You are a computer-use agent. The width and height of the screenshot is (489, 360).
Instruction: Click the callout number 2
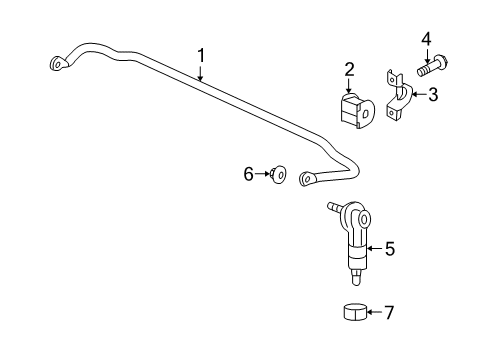coord(350,69)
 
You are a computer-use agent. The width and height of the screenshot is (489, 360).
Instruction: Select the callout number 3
coord(433,95)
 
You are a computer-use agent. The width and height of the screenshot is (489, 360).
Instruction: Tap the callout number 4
coord(425,39)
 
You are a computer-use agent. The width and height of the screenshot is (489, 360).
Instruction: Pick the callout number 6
coord(249,174)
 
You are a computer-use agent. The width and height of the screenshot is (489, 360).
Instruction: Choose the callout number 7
coord(389,312)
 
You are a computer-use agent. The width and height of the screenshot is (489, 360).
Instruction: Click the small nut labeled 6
coord(279,176)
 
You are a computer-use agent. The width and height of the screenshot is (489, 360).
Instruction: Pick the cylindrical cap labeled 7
coord(353,313)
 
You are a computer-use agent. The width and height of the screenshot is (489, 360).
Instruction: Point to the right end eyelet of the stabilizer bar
coord(307,180)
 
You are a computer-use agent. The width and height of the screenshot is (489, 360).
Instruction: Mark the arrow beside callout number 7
coord(374,312)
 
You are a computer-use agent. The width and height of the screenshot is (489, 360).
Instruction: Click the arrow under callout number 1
coord(200,72)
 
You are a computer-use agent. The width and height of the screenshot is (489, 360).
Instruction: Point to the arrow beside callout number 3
coord(418,96)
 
